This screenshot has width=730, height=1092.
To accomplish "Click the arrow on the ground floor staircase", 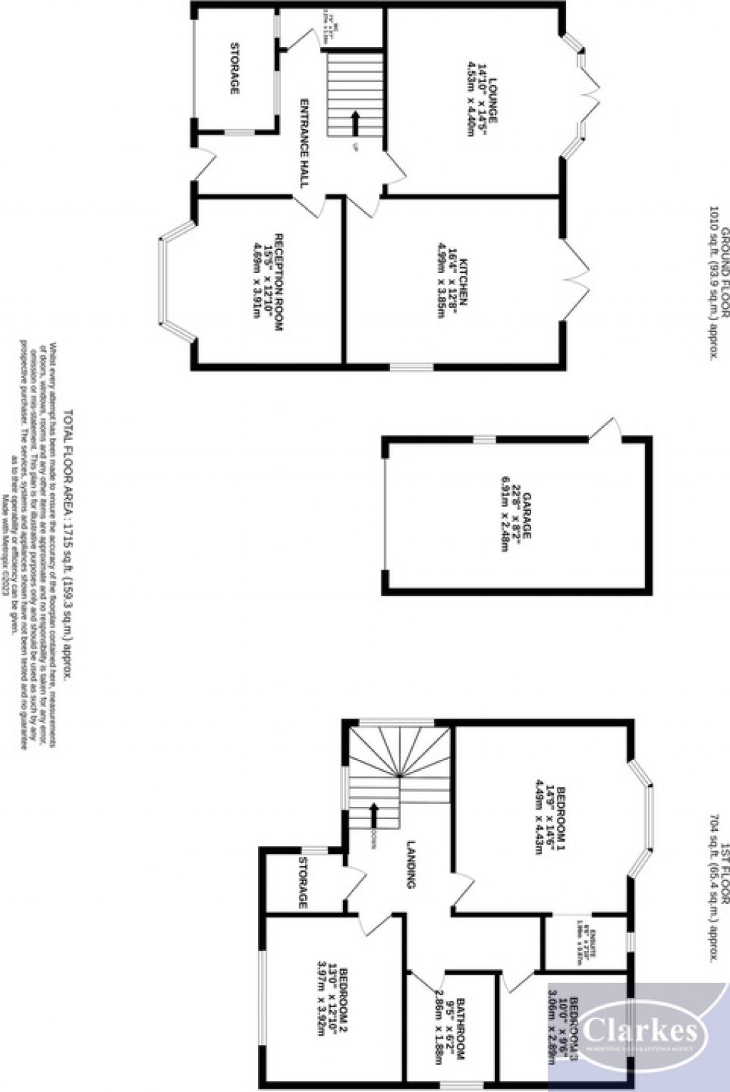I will (354, 123).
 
